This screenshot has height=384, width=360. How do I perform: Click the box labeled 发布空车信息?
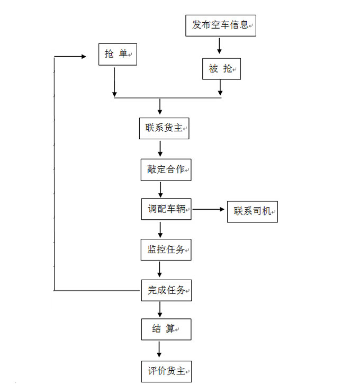(220, 25)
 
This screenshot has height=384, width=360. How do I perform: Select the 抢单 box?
(118, 54)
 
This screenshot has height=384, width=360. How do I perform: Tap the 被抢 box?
(221, 68)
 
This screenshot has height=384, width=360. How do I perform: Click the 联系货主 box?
(164, 128)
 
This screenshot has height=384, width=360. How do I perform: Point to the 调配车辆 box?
(166, 210)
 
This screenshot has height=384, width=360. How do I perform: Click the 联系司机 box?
(252, 211)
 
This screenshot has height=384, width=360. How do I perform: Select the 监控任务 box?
(166, 249)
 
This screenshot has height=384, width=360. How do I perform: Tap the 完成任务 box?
(166, 290)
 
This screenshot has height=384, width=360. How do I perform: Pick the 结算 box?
(165, 329)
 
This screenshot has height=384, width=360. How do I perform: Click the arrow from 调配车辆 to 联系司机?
(209, 210)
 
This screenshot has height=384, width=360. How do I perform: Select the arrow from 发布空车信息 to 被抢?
(219, 47)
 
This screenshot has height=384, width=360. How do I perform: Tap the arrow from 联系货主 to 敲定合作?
(160, 148)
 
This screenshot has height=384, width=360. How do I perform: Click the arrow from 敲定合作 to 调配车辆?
(160, 189)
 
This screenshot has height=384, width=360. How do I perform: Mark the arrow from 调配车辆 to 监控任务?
(160, 229)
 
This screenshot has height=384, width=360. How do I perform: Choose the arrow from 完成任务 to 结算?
(160, 309)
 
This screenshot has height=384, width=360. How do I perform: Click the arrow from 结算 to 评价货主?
(160, 350)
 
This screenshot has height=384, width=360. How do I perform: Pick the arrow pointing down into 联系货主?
(160, 108)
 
